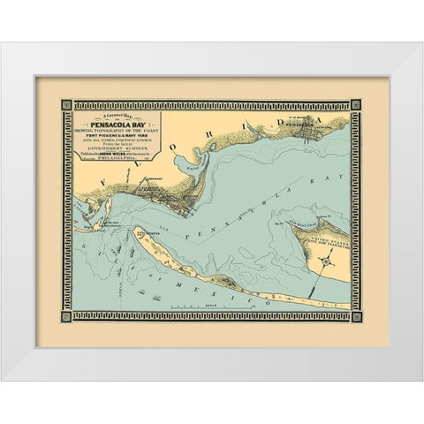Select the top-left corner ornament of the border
pos(66,104)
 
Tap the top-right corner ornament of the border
pos(356,104)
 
